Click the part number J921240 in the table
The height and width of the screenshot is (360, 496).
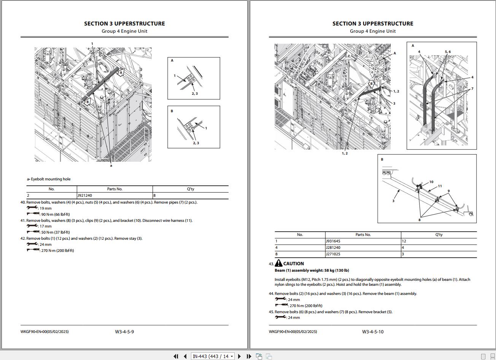pyautogui.click(x=84, y=195)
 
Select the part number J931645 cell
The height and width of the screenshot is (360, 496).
pyautogui.click(x=333, y=241)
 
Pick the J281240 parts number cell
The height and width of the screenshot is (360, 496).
pyautogui.click(x=333, y=247)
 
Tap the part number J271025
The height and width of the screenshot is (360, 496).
pyautogui.click(x=333, y=254)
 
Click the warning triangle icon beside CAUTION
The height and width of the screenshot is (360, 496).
pyautogui.click(x=278, y=263)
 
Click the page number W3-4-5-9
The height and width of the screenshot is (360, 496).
pyautogui.click(x=124, y=331)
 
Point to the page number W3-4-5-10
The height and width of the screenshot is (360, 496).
pyautogui.click(x=373, y=331)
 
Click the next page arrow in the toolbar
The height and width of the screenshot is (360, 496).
pyautogui.click(x=239, y=356)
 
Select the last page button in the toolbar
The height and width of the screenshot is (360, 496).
pyautogui.click(x=249, y=356)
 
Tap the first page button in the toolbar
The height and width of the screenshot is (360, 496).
pyautogui.click(x=176, y=356)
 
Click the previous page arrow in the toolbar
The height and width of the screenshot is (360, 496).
pyautogui.click(x=185, y=356)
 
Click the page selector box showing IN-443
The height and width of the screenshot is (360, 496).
pyautogui.click(x=213, y=356)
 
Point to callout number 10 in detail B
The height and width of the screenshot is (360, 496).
pyautogui.click(x=431, y=182)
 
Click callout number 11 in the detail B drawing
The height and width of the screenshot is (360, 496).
pyautogui.click(x=440, y=186)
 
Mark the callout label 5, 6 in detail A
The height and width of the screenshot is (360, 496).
pyautogui.click(x=448, y=52)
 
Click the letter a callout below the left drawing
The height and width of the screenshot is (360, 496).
pyautogui.click(x=111, y=166)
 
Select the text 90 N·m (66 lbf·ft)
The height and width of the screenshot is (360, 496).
pyautogui.click(x=56, y=215)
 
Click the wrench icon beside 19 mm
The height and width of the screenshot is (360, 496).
pyautogui.click(x=32, y=207)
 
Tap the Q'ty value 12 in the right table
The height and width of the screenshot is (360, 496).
pyautogui.click(x=404, y=241)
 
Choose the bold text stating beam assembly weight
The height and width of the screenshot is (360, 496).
pyautogui.click(x=312, y=270)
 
